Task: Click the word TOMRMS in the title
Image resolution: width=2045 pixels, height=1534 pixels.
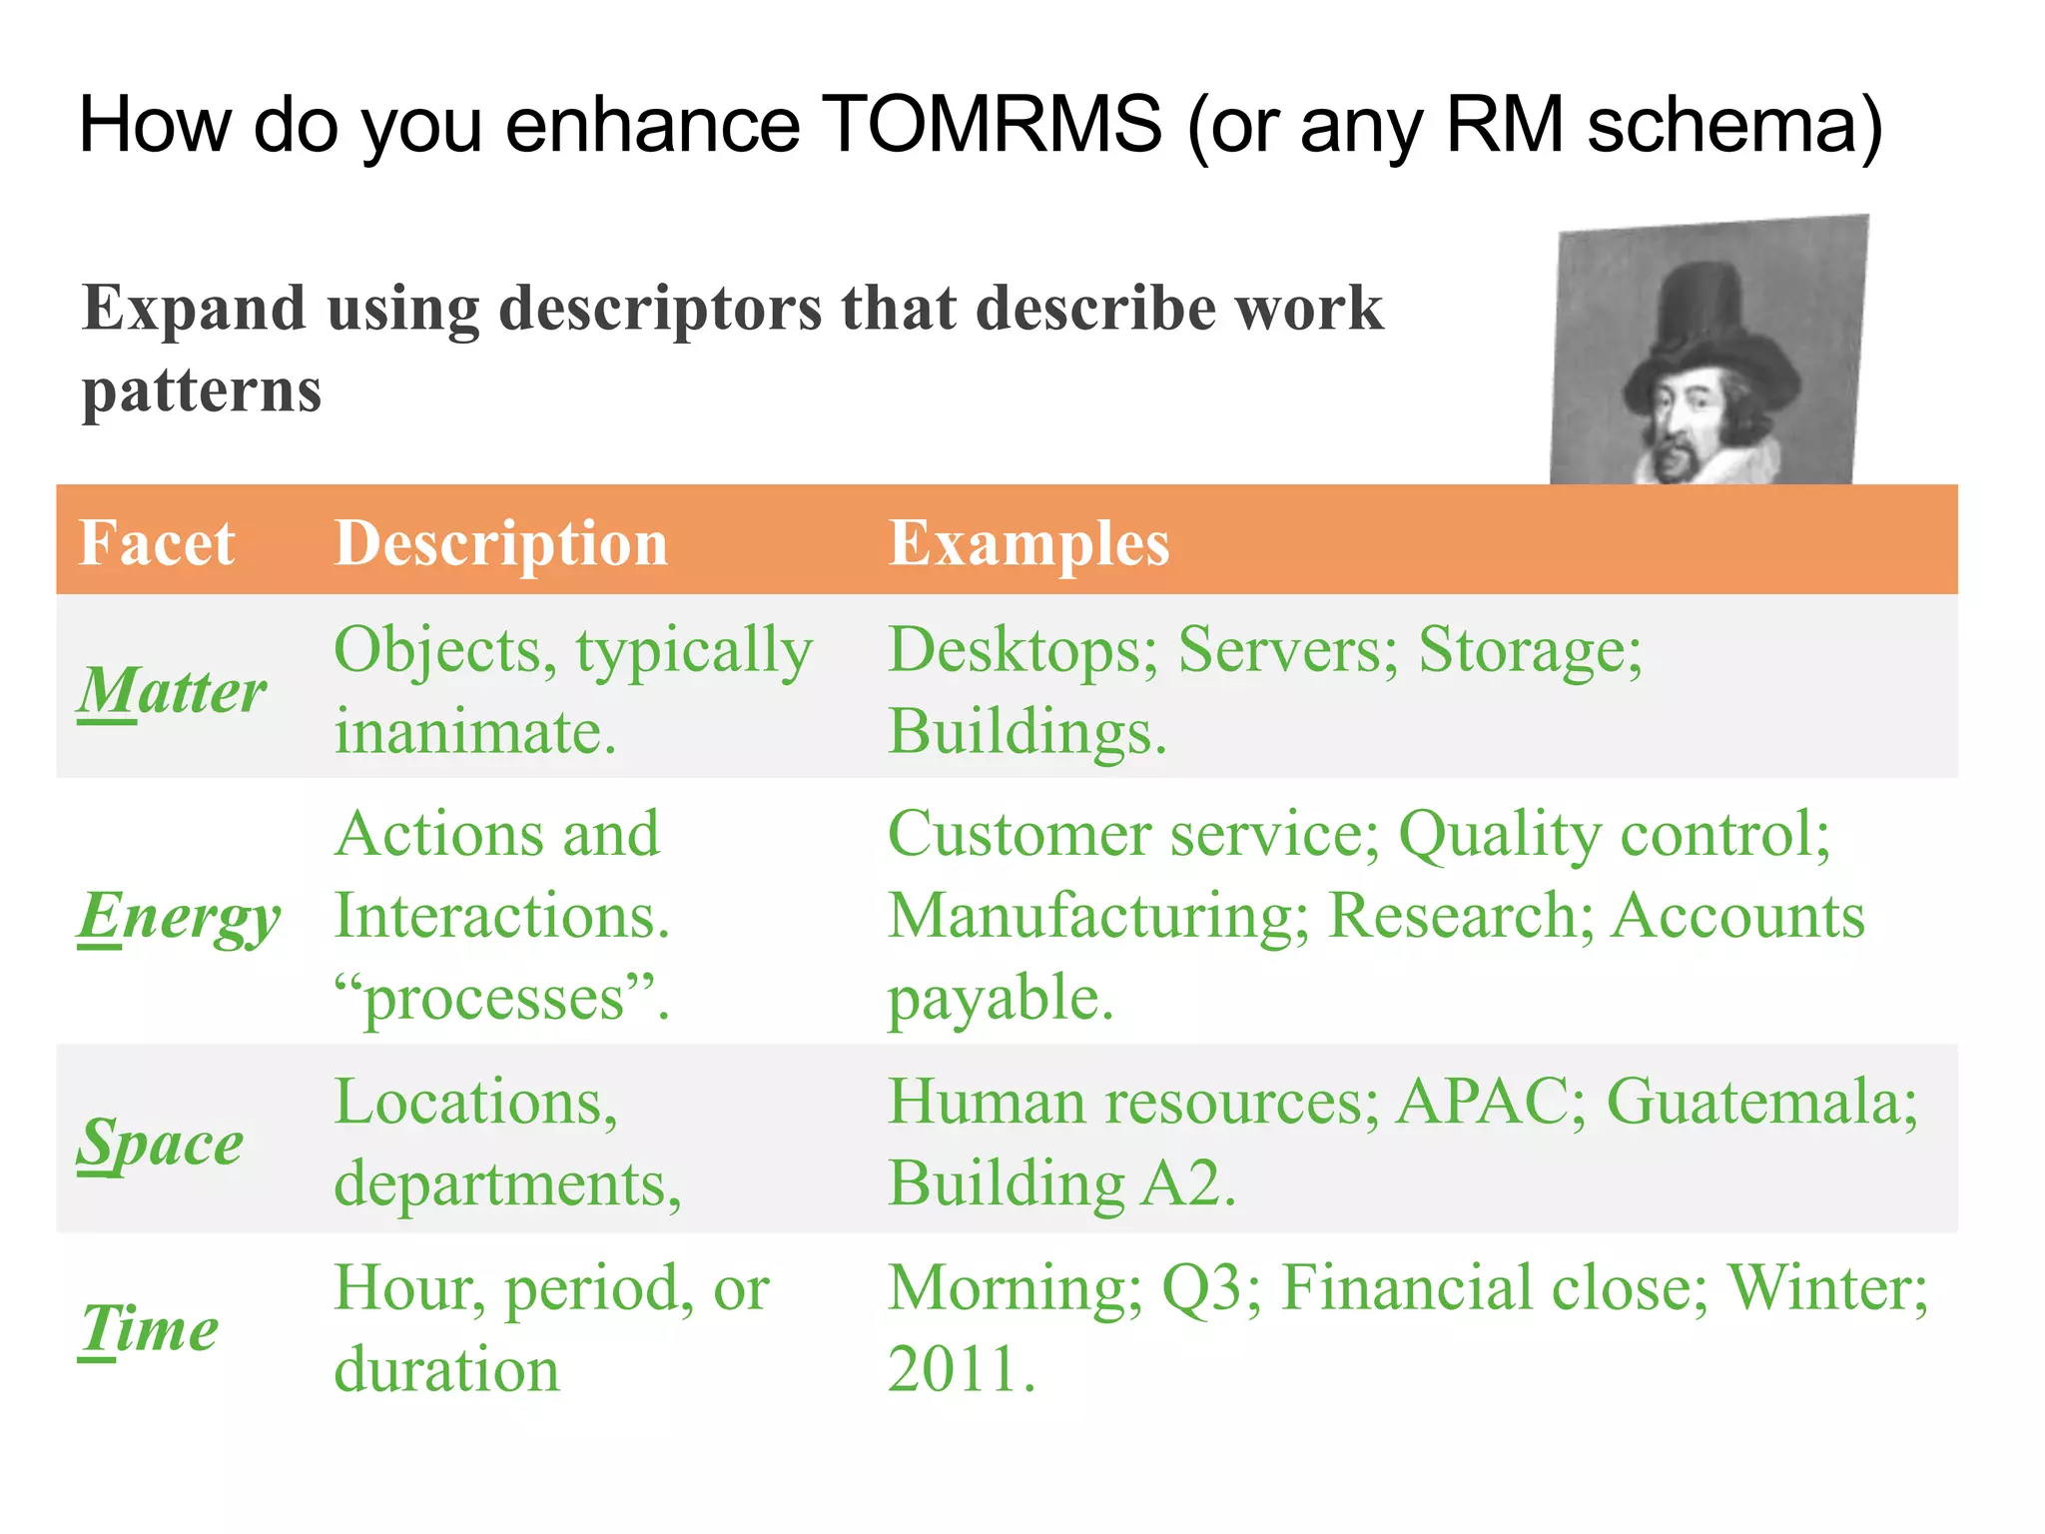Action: (x=994, y=125)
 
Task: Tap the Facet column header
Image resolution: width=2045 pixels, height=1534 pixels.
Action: (x=157, y=543)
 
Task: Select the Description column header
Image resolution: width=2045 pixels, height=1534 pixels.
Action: (x=500, y=543)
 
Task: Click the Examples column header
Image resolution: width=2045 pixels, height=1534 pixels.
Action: (x=1028, y=543)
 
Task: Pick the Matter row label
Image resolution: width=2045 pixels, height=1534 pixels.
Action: (x=172, y=691)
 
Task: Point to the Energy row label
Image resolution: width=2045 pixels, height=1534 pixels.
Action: (x=179, y=917)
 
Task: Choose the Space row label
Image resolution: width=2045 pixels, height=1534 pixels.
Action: (x=160, y=1143)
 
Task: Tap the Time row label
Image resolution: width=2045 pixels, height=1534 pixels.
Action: (x=149, y=1328)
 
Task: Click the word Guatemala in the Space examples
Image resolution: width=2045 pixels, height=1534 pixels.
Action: (x=1760, y=1102)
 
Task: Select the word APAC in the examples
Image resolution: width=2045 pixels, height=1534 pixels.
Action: (x=1482, y=1102)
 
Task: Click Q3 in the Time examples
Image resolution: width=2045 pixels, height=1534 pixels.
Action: (x=1202, y=1288)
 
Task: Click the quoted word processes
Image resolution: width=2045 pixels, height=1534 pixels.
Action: (x=495, y=999)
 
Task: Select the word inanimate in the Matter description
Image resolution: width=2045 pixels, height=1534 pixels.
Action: (x=466, y=732)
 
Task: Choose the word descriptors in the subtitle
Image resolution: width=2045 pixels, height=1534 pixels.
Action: (x=660, y=308)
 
